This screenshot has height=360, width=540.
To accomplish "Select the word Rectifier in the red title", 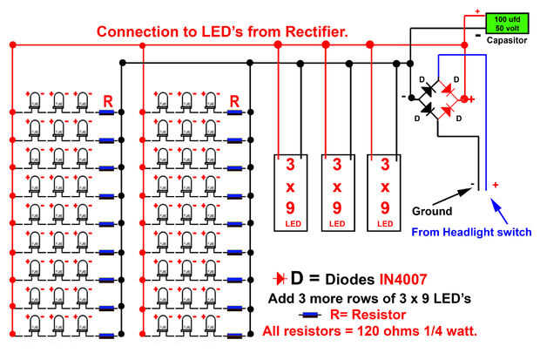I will [x=309, y=31].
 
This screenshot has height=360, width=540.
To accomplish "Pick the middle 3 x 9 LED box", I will [x=336, y=193].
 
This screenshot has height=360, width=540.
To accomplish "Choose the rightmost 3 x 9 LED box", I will [x=383, y=193].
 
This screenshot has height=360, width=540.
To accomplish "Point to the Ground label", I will [x=431, y=211].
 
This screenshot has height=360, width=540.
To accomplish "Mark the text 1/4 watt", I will [x=444, y=333].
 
